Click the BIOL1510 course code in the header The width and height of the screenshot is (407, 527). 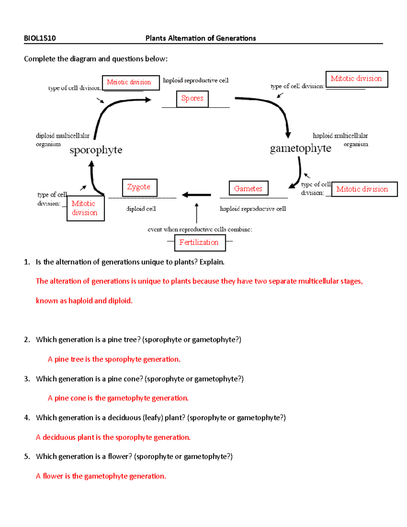coord(40,38)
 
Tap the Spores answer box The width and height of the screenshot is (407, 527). coord(192,99)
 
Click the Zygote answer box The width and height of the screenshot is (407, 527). coord(139,187)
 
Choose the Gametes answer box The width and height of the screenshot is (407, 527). coord(248,188)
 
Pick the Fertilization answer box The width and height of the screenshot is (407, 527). coord(200,242)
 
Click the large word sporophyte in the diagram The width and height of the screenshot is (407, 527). coord(96,150)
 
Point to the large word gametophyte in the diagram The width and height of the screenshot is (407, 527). coord(301,148)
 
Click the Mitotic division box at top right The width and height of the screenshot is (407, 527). coord(356,79)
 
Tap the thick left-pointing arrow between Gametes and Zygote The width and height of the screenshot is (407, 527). coord(196,195)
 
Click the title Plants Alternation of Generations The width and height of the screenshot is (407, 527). coord(200,38)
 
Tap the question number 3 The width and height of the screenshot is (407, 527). coord(27,379)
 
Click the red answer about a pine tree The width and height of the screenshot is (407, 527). coord(114,359)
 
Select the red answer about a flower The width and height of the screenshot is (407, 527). coord(101,476)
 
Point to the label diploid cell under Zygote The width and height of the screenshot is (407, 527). coord(141,209)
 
